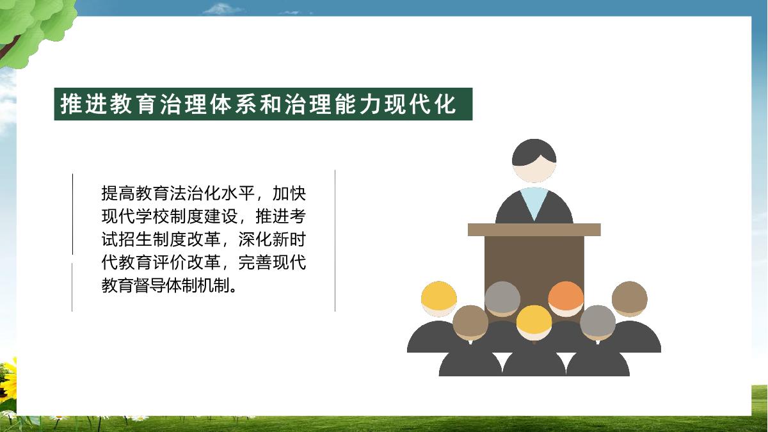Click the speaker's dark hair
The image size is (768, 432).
click(534, 151)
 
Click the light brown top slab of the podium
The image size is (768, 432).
click(534, 230)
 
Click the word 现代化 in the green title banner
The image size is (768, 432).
click(420, 104)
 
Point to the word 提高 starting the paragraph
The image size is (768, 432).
click(118, 193)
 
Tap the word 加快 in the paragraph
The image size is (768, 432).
click(289, 193)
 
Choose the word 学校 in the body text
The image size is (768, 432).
click(152, 216)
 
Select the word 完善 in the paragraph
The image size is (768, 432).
click(255, 262)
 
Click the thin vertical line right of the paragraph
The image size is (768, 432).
click(335, 241)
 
